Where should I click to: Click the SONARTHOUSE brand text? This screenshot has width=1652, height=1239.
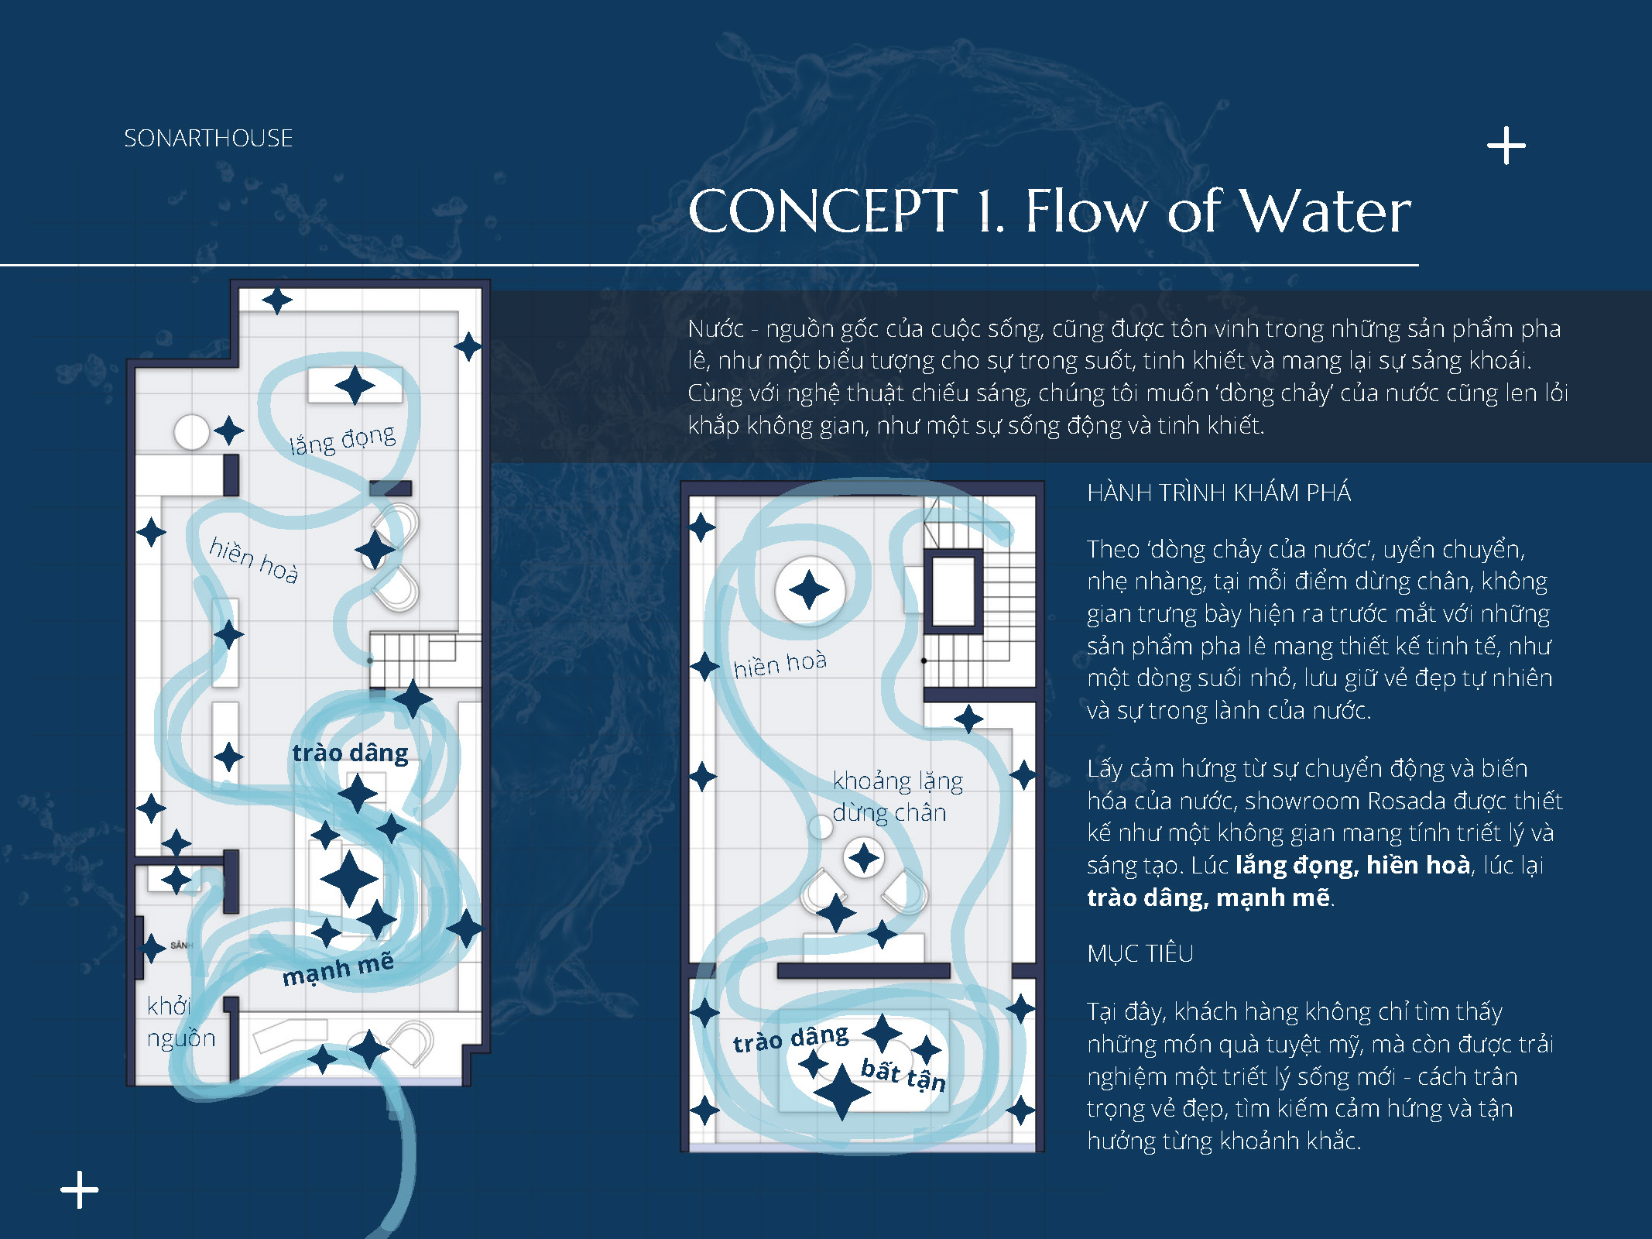(x=208, y=139)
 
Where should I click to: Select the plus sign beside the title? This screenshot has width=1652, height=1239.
(x=1506, y=146)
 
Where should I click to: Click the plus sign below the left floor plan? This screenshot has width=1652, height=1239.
(x=80, y=1189)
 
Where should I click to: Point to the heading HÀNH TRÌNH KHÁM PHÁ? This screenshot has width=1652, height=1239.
(x=1218, y=493)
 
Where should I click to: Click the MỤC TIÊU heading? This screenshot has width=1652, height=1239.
(x=1140, y=953)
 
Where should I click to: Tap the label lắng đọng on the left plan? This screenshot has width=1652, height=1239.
(x=342, y=440)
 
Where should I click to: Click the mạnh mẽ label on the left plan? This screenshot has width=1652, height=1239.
(x=338, y=969)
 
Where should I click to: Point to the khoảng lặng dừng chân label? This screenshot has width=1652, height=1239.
(x=896, y=796)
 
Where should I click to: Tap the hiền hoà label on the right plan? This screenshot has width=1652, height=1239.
(x=780, y=664)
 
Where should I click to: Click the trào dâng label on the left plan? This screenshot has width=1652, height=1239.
(x=350, y=753)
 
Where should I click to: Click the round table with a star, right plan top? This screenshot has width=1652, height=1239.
(x=810, y=590)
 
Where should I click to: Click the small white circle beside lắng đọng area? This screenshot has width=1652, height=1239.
(x=191, y=432)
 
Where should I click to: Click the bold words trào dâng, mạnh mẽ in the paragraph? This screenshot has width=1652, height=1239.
(x=1209, y=898)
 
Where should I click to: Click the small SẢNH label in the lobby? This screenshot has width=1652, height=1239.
(x=181, y=946)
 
